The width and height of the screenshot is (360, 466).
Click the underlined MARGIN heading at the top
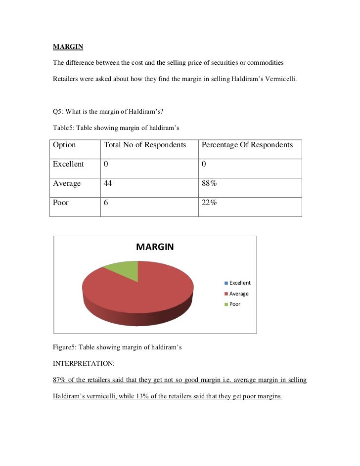pyautogui.click(x=68, y=47)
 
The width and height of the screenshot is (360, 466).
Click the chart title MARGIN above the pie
pyautogui.click(x=155, y=247)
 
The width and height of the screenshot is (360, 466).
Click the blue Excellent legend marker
pyautogui.click(x=226, y=283)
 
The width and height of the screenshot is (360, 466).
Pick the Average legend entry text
pyautogui.click(x=239, y=294)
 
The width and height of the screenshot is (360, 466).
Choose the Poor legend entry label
pyautogui.click(x=235, y=304)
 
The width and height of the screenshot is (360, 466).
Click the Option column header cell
pyautogui.click(x=64, y=145)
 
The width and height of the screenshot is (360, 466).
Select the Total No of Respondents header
pyautogui.click(x=144, y=145)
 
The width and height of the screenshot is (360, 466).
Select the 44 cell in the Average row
pyautogui.click(x=108, y=183)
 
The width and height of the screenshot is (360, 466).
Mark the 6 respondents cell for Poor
pyautogui.click(x=106, y=203)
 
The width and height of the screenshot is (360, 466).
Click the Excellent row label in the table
pyautogui.click(x=68, y=164)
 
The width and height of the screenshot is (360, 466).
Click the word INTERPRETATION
pyautogui.click(x=84, y=363)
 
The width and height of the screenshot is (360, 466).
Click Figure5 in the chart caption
pyautogui.click(x=65, y=347)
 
